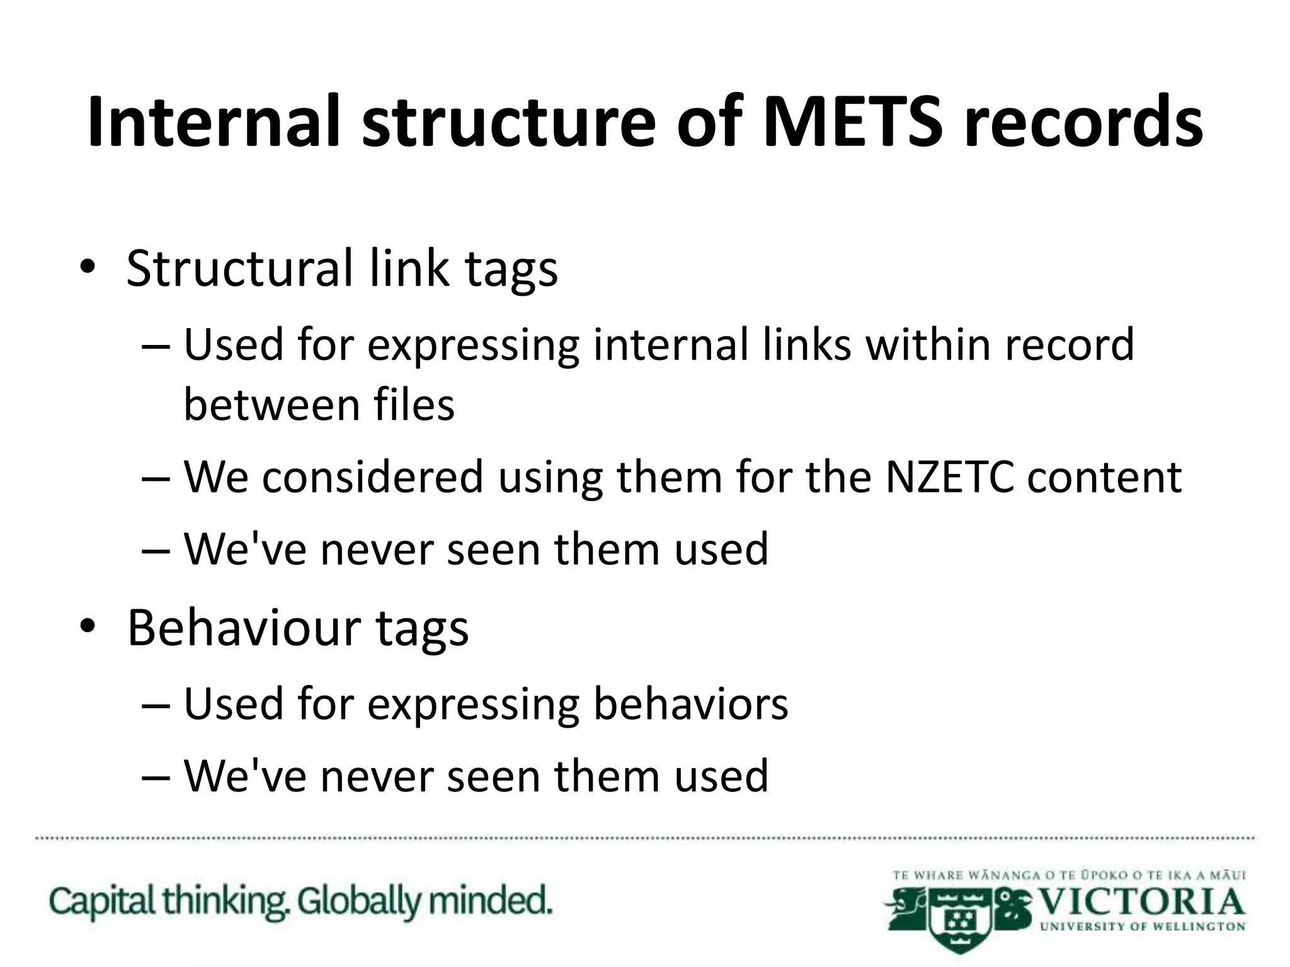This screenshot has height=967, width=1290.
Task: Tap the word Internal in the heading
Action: [214, 121]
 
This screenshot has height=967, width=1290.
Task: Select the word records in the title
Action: [1083, 121]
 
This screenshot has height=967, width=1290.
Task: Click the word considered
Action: [372, 477]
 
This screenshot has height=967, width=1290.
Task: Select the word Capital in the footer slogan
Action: [103, 902]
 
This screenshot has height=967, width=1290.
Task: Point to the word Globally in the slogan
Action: [358, 902]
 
